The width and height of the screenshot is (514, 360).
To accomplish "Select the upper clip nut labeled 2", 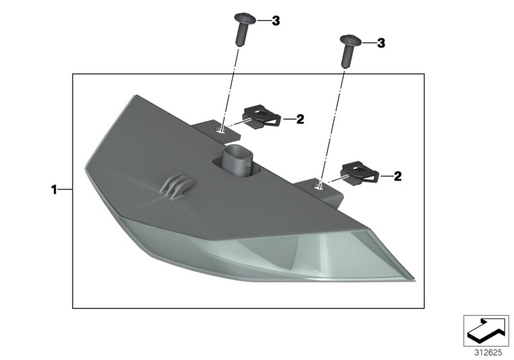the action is click(x=261, y=117).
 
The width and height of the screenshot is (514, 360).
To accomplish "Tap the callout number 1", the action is click(x=54, y=190).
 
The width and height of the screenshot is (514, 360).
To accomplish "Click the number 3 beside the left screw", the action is click(x=276, y=21).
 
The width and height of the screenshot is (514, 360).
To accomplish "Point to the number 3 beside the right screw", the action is click(x=381, y=43).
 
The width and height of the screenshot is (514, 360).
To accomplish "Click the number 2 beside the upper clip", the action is click(x=300, y=120).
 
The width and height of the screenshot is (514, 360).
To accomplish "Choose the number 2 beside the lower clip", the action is click(x=397, y=176).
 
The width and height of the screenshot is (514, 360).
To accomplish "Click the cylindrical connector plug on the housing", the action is click(x=236, y=161).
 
